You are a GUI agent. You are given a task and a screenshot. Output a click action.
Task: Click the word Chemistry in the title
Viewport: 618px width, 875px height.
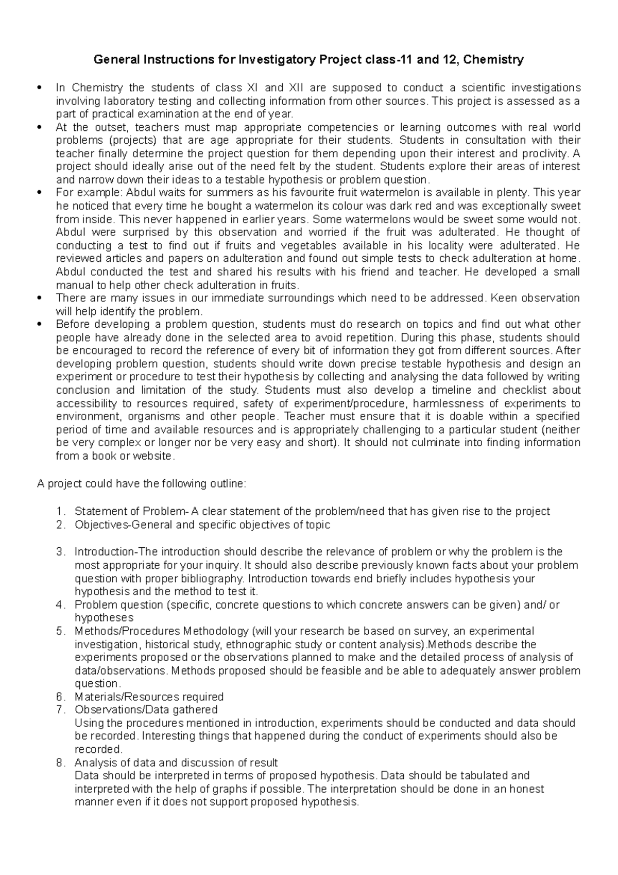pos(493,60)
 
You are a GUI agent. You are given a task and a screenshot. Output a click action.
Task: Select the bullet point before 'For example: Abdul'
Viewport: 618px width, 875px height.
pos(40,193)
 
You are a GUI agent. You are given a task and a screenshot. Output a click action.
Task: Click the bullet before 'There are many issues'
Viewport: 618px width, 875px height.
pos(40,298)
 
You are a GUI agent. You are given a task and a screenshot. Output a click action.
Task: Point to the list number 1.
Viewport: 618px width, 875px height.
pos(61,511)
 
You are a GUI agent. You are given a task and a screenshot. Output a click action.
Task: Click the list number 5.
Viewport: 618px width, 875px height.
pos(61,631)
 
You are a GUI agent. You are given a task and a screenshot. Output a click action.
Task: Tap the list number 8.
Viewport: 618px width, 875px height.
pos(61,763)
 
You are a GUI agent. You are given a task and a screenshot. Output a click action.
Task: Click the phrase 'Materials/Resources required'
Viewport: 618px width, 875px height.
pos(149,697)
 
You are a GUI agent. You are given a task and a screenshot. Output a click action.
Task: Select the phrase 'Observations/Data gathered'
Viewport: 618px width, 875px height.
pos(146,710)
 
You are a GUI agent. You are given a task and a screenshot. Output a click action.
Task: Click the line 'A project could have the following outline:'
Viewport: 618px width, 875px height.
pos(142,484)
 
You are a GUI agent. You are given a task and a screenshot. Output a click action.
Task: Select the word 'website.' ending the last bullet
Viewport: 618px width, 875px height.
pos(154,456)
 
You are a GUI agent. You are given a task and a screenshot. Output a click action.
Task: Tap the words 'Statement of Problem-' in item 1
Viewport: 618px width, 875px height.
pos(132,511)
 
